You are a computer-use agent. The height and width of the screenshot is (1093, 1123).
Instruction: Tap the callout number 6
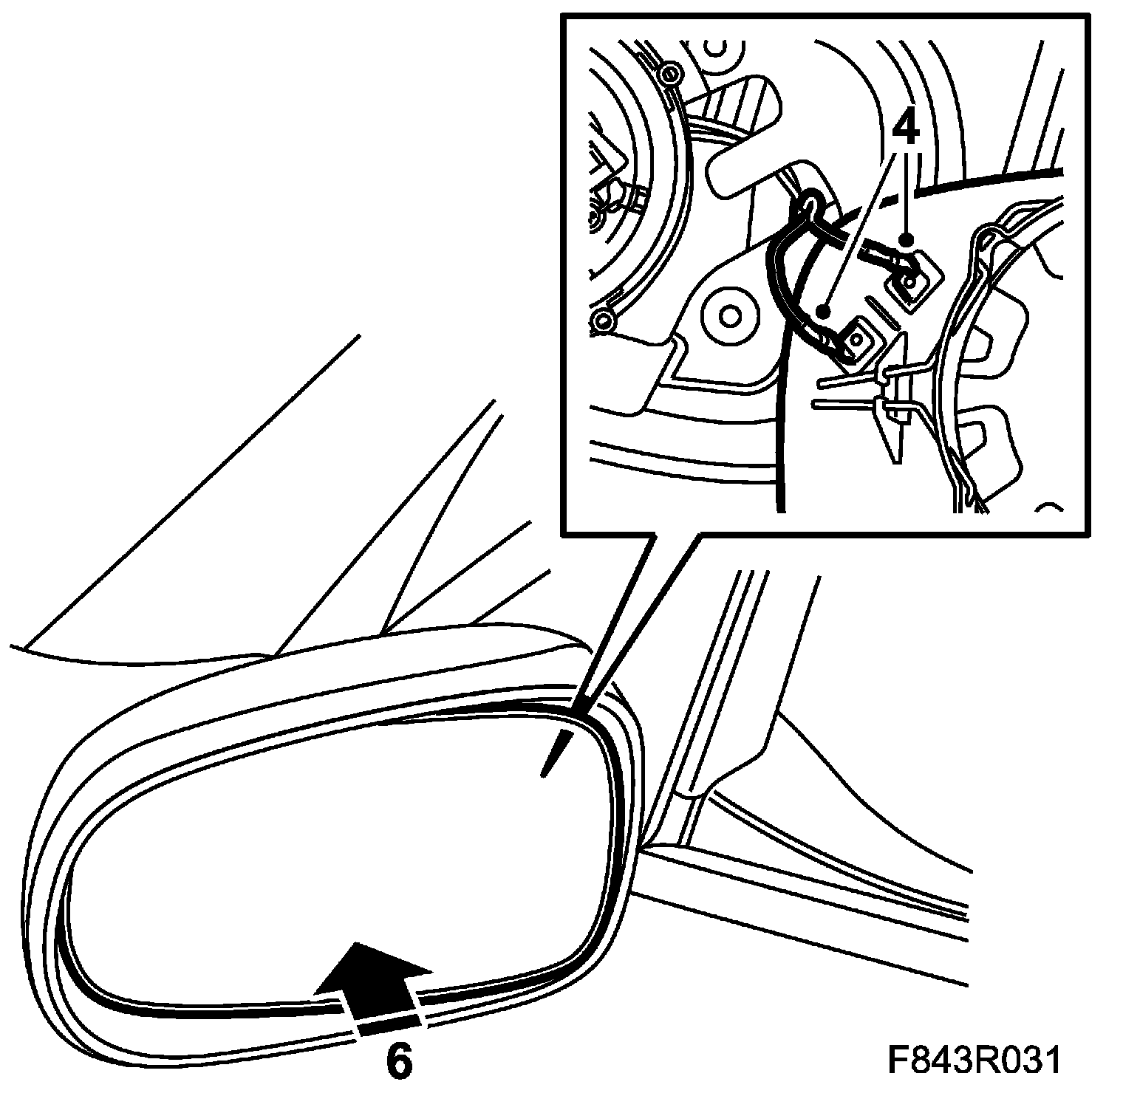(398, 1061)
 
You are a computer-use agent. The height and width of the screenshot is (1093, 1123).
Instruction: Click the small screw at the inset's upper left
(670, 74)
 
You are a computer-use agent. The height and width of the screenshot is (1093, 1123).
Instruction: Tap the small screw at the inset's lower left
(604, 321)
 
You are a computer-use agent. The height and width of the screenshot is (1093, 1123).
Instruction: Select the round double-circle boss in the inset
(730, 316)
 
